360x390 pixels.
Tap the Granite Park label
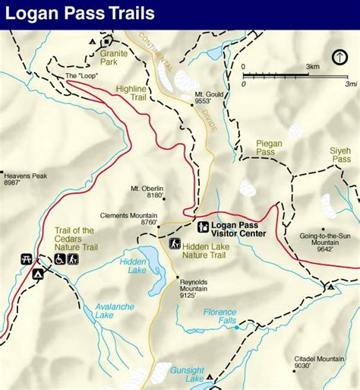[113, 59]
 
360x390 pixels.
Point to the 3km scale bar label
[312, 67]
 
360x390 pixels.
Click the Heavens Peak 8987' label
[24, 179]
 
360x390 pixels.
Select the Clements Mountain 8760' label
[138, 219]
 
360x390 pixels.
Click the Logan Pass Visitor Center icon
[203, 227]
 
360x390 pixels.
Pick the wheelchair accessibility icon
[58, 259]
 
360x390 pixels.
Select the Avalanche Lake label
[95, 312]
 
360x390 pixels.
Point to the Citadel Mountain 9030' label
[320, 362]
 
